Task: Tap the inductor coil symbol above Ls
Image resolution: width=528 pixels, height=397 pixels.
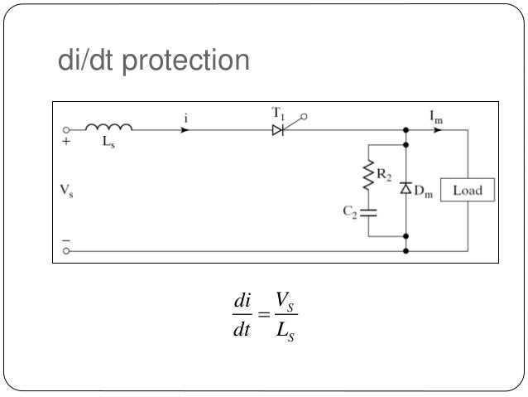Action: (x=108, y=128)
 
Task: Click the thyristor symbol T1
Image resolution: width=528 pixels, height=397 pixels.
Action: (x=279, y=130)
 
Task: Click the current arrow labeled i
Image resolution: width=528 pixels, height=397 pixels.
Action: (x=186, y=130)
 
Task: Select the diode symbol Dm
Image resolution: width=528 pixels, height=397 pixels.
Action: (x=406, y=189)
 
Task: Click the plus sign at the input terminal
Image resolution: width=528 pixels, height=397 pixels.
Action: (x=66, y=142)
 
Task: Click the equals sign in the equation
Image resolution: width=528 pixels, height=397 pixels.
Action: (x=264, y=315)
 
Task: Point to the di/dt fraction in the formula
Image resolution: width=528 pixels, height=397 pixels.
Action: (x=242, y=316)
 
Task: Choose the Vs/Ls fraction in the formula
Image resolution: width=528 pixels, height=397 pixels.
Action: (x=286, y=316)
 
